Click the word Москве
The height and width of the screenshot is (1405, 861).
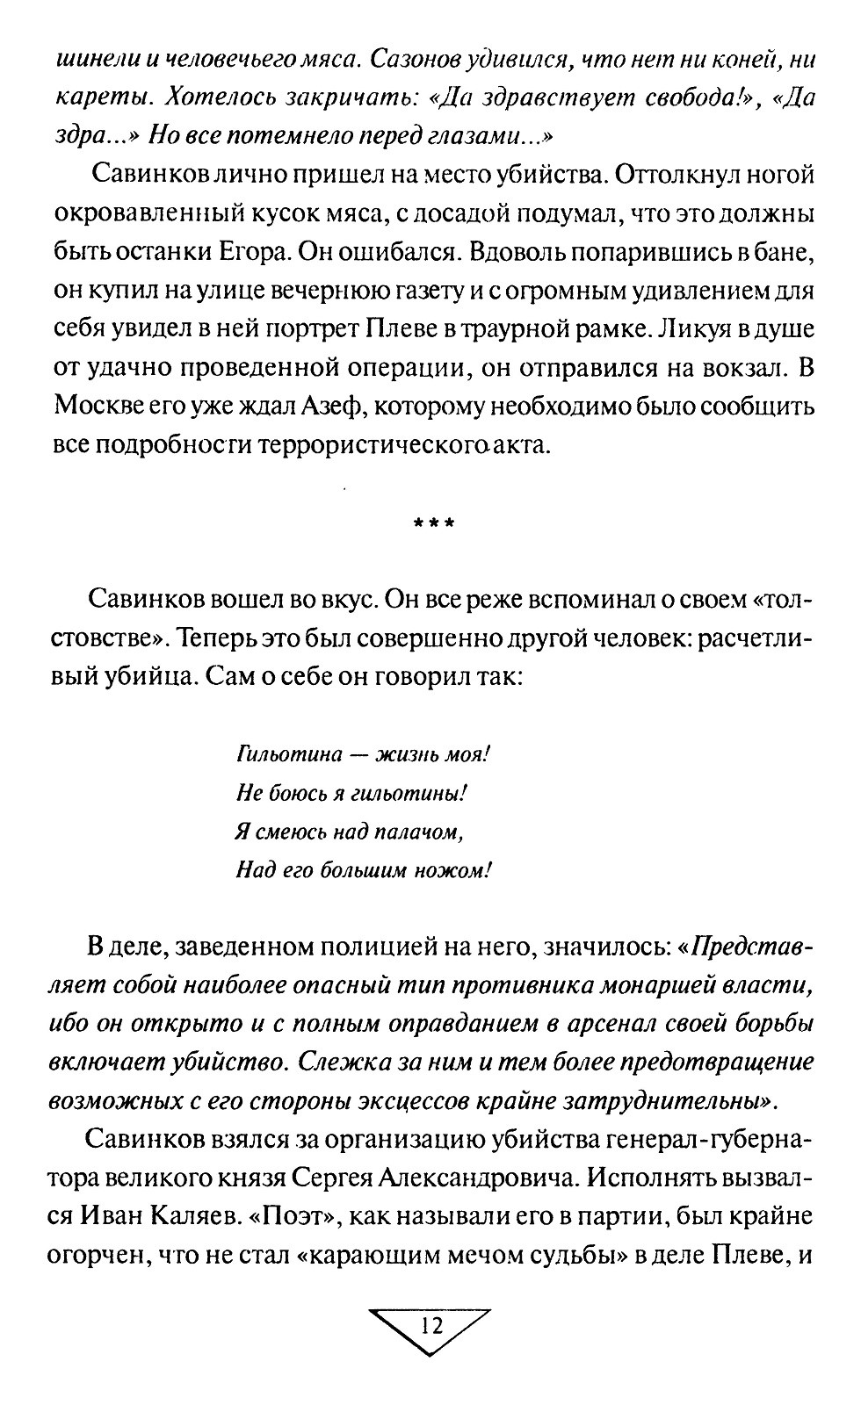pos(96,406)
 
